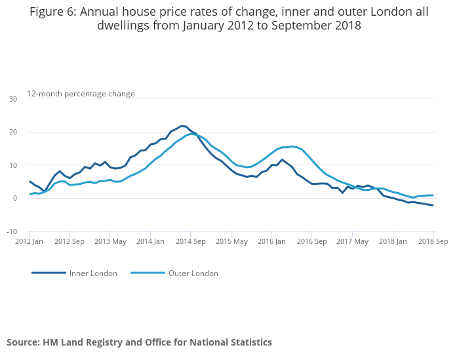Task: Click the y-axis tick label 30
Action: coord(13,99)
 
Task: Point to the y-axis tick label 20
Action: coord(13,132)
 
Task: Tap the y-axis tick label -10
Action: coord(12,231)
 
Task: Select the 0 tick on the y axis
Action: coord(15,198)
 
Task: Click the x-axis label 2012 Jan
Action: coord(30,241)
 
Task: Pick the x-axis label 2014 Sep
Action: coord(191,241)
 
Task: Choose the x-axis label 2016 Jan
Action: coord(271,241)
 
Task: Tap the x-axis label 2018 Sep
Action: coord(433,241)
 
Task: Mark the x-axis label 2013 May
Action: coord(110,241)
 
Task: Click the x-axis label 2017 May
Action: coord(353,241)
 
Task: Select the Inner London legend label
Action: coord(93,273)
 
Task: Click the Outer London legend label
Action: coord(193,273)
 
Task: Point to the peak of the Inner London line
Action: coord(183,126)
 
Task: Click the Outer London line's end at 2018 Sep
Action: coord(433,195)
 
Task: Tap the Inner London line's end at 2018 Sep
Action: coord(433,205)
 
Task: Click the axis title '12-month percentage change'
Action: coord(81,94)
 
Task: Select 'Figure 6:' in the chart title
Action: coord(54,12)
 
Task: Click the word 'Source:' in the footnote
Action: coord(24,342)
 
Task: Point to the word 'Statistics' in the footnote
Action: coord(249,342)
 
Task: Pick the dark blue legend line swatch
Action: coord(49,273)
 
